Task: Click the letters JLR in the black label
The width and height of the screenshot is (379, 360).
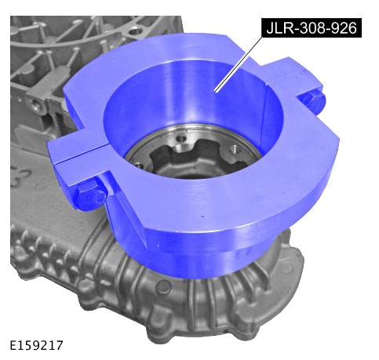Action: pyautogui.click(x=279, y=27)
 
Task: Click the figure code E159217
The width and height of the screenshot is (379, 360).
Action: pyautogui.click(x=37, y=345)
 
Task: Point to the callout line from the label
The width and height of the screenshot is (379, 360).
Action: pyautogui.click(x=238, y=64)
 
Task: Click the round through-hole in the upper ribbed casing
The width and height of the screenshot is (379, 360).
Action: pyautogui.click(x=135, y=33)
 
